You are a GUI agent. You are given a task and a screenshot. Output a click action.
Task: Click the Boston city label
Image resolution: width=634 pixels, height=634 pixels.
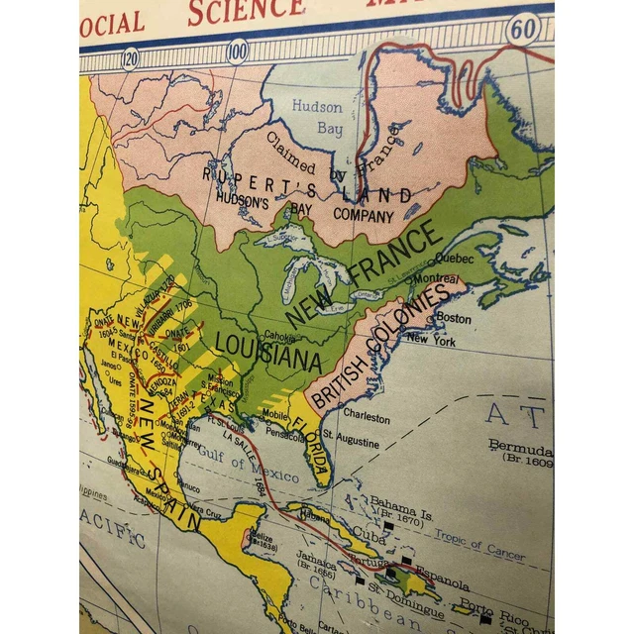click(x=454, y=318)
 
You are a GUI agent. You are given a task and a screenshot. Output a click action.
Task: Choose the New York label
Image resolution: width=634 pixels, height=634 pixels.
click(x=431, y=340)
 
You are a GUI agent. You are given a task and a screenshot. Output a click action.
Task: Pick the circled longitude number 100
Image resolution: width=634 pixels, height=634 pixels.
click(x=237, y=50)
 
